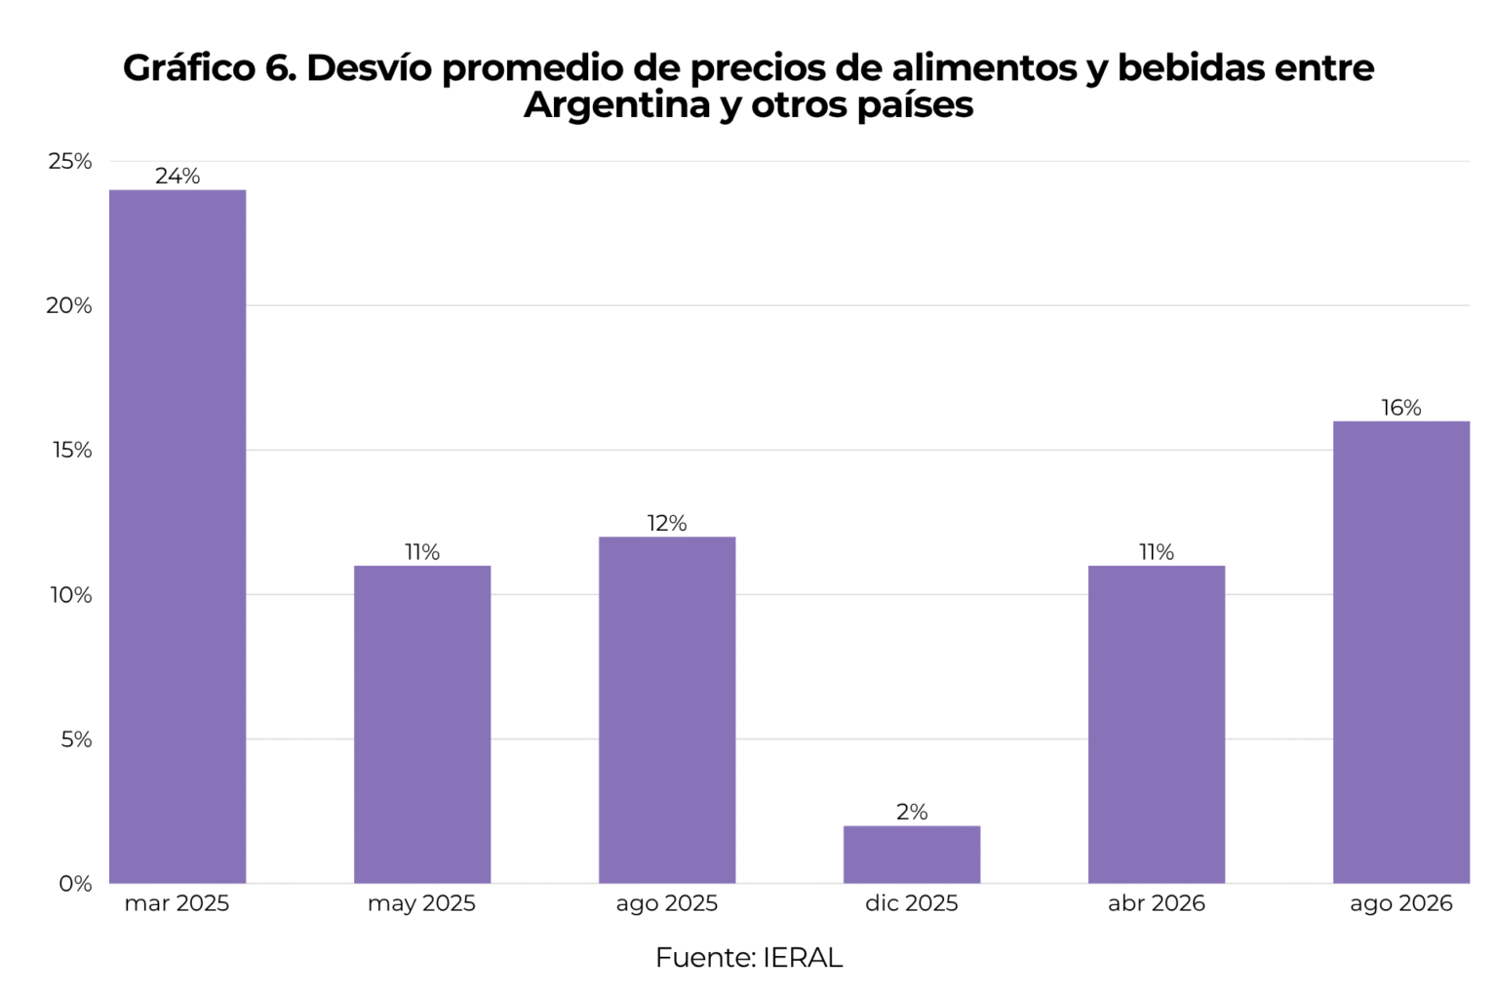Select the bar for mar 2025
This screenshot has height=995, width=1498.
(x=177, y=537)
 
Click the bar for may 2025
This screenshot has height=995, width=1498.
(x=422, y=724)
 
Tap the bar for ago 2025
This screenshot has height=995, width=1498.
(x=667, y=710)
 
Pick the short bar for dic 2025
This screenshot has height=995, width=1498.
(x=912, y=855)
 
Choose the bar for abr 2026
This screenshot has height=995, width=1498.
(x=1157, y=724)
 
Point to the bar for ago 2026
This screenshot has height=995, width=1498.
(x=1401, y=652)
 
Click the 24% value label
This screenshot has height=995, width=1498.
(x=177, y=176)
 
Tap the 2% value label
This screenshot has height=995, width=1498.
(x=912, y=812)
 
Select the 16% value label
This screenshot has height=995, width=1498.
(x=1401, y=407)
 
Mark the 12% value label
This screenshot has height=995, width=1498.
(x=667, y=523)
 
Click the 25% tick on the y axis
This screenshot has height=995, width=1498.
(x=69, y=161)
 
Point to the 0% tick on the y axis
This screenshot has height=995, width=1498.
(x=75, y=884)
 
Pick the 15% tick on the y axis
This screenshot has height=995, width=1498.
(x=71, y=450)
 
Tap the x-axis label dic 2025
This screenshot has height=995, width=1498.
(x=912, y=903)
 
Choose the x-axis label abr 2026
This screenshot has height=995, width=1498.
(x=1157, y=903)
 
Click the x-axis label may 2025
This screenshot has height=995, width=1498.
(x=422, y=904)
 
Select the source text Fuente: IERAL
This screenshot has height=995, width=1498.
(x=749, y=958)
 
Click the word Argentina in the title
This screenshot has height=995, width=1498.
(x=616, y=106)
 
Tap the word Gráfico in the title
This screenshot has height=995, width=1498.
(x=189, y=68)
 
